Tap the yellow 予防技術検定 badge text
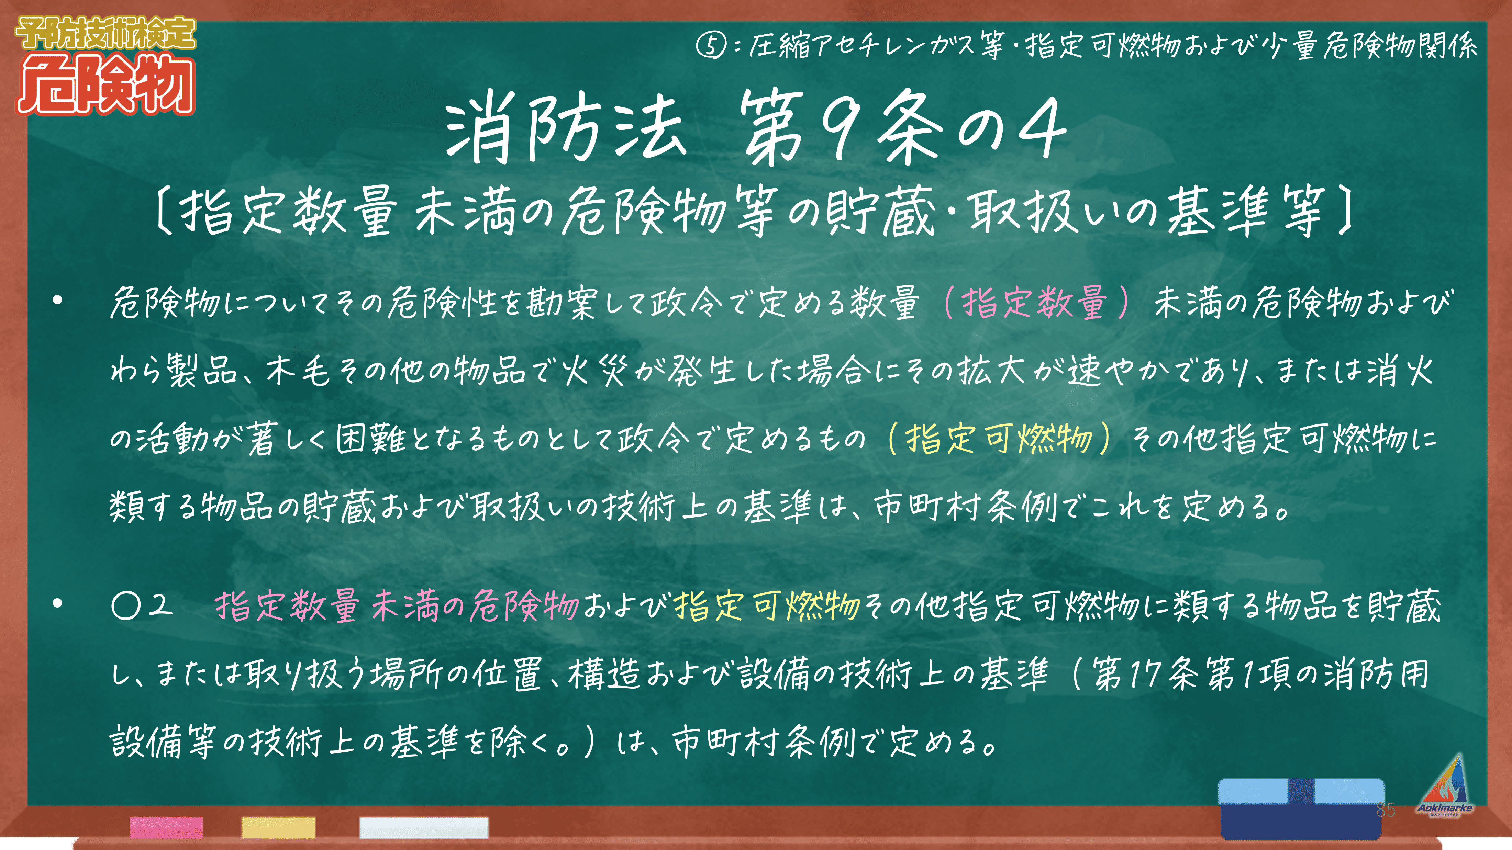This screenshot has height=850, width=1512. (x=105, y=33)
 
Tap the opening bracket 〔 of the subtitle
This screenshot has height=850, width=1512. (x=164, y=211)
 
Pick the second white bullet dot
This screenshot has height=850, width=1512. (x=57, y=603)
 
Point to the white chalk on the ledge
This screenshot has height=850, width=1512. (x=424, y=828)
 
